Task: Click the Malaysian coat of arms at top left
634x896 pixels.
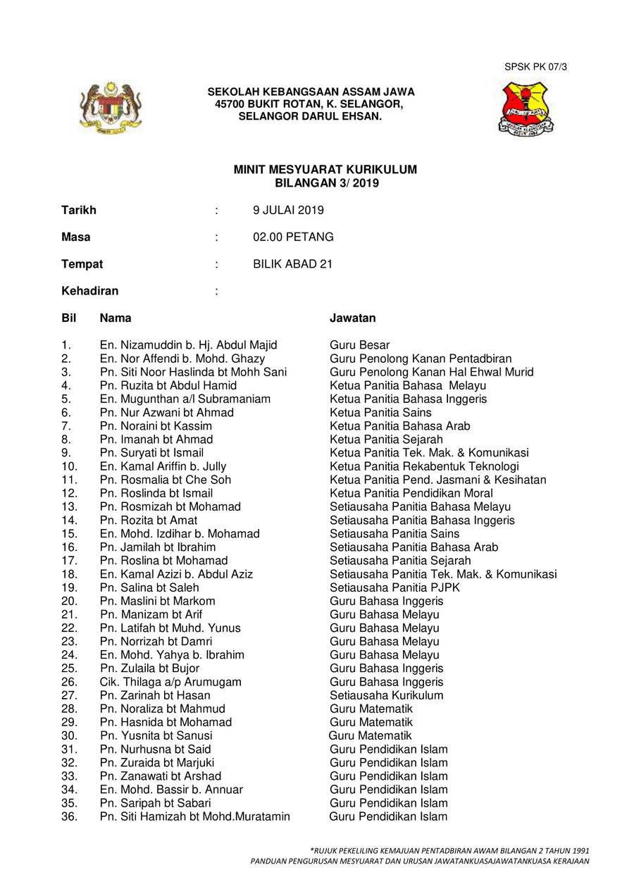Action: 107,107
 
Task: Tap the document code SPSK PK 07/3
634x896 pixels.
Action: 535,67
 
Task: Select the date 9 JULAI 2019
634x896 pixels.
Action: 289,210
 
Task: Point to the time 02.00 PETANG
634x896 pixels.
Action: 293,237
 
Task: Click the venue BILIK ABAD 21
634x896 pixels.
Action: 292,264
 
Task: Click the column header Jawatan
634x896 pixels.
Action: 352,318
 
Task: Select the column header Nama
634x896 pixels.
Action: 116,318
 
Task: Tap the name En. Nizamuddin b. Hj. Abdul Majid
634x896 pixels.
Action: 188,345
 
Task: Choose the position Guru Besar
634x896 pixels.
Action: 359,345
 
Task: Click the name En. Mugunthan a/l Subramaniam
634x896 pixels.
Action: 185,399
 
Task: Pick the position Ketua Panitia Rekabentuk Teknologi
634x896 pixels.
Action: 424,466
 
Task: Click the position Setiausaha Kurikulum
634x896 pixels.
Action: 386,695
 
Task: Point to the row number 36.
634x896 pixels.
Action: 69,816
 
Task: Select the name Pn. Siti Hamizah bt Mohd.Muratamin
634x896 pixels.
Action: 194,816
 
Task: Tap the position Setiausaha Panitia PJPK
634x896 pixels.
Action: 394,587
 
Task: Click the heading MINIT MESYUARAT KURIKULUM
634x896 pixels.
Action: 325,170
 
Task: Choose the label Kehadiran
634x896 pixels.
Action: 89,291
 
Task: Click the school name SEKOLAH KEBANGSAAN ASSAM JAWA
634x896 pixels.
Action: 311,92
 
